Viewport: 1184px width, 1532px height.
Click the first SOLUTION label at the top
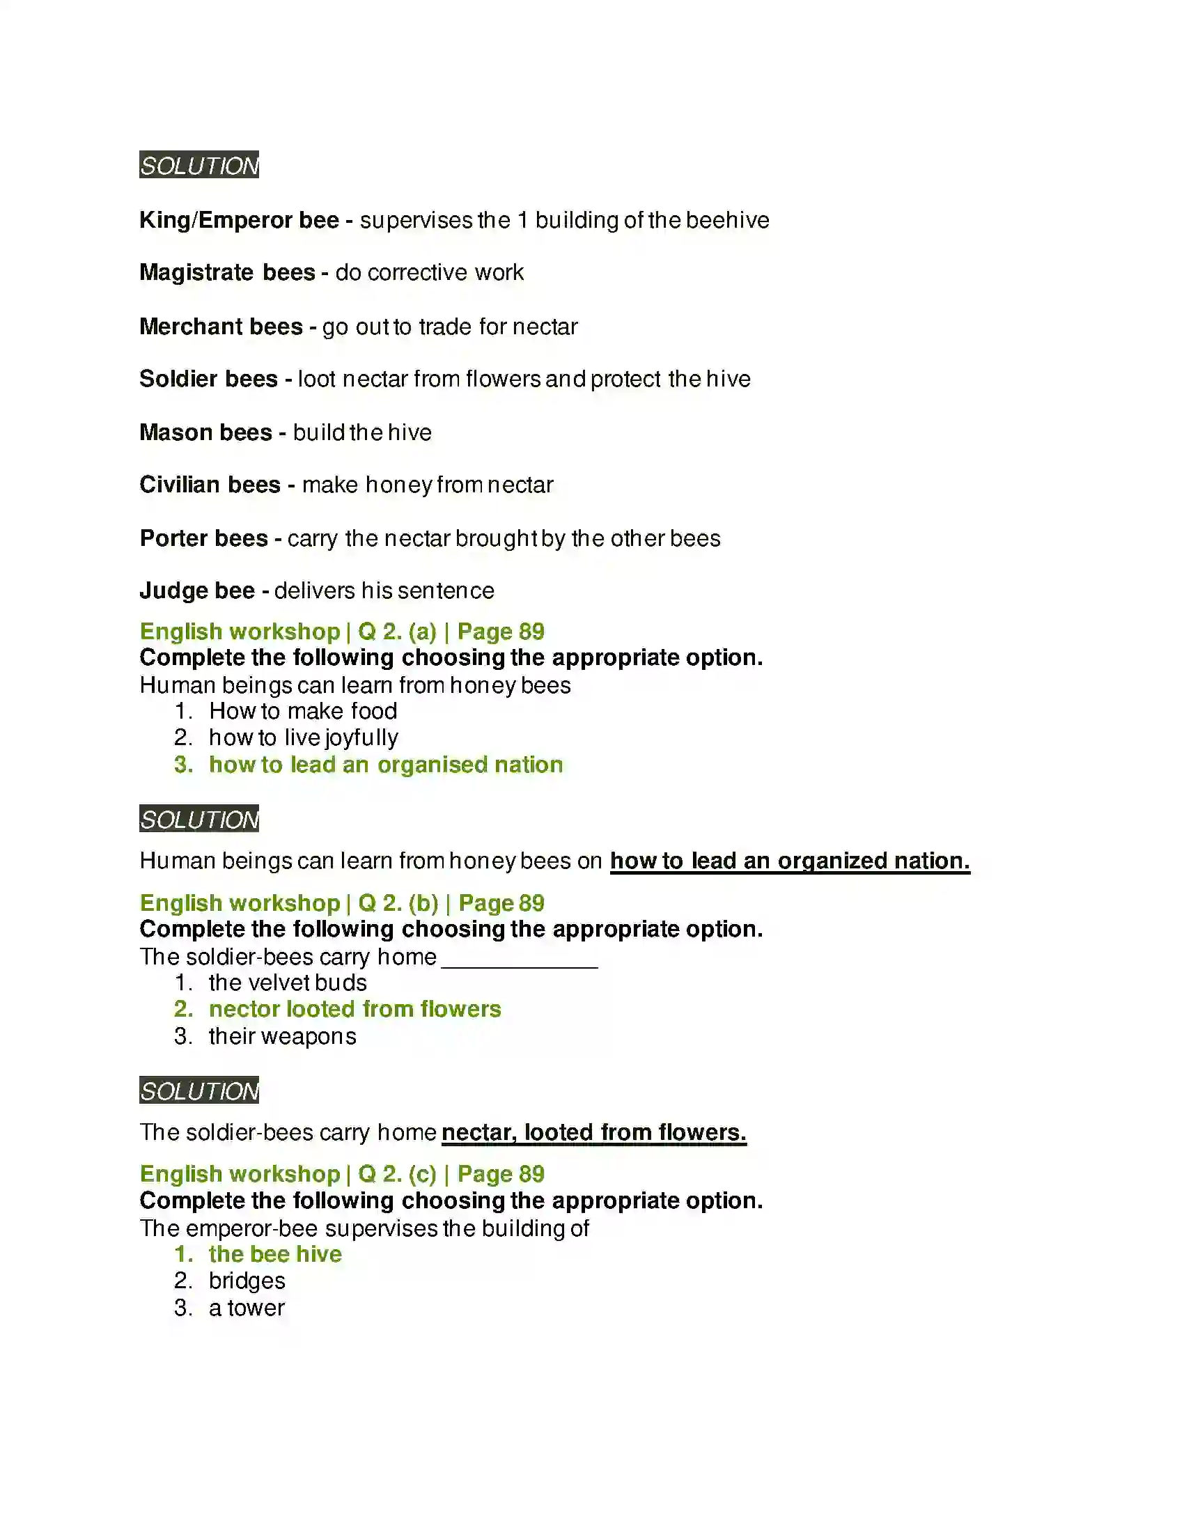(x=198, y=165)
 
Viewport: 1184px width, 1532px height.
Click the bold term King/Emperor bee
(x=239, y=220)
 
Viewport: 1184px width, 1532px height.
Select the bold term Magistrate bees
(x=227, y=272)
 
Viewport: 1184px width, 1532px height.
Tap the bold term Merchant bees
(x=221, y=326)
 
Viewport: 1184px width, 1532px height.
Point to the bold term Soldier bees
(x=208, y=379)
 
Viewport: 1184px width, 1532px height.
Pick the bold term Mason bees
(x=205, y=432)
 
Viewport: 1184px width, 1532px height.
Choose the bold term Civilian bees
(x=210, y=485)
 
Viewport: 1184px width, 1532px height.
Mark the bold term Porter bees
(x=203, y=538)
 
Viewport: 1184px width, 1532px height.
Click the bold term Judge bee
(x=197, y=591)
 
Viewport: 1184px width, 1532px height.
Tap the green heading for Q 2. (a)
(x=341, y=632)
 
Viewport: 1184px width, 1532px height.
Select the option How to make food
(x=303, y=711)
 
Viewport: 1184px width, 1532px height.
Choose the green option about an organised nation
(x=386, y=765)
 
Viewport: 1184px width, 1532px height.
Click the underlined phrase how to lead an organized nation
(x=790, y=861)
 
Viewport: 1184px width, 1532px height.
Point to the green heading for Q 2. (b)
(x=341, y=902)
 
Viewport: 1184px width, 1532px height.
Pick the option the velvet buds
(x=288, y=983)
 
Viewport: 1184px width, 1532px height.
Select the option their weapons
(x=282, y=1036)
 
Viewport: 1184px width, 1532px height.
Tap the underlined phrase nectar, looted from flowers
(x=593, y=1132)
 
